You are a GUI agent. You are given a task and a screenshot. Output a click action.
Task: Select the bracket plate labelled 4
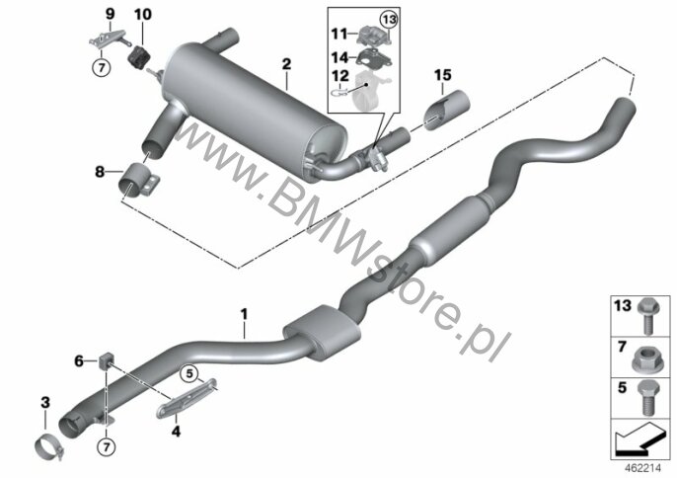coord(186,399)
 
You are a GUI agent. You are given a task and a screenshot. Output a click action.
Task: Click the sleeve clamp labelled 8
coord(138,180)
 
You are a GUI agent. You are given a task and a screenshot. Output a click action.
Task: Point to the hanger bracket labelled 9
coord(109,39)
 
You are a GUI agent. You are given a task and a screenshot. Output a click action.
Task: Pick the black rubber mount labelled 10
coord(138,57)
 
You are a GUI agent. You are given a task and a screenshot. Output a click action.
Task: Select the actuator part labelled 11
coord(374,35)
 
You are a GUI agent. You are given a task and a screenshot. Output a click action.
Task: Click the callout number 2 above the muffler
coord(286,64)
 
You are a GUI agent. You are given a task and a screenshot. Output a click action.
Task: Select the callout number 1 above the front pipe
coord(245,314)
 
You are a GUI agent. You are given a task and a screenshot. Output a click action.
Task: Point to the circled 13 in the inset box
coord(389,20)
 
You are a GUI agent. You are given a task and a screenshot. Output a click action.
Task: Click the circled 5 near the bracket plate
coord(189,373)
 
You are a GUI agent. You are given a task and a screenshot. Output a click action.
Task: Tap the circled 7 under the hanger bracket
coord(102,68)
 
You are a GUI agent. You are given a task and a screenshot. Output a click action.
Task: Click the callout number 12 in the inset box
coord(340,76)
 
